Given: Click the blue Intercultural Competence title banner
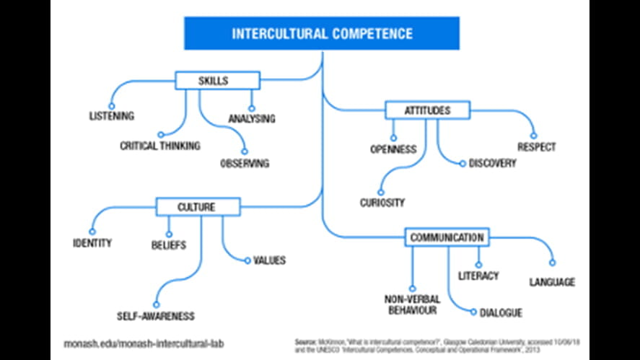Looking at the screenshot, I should point(322,34).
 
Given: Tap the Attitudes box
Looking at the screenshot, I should point(427,110).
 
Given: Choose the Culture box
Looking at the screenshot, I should point(196,207).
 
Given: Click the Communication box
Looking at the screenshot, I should point(447,237).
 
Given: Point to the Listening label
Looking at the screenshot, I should point(112,116).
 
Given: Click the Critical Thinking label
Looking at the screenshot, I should point(160,146).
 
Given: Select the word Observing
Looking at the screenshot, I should point(245,164).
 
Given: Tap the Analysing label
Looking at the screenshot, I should point(252,118).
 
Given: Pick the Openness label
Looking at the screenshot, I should point(393,149).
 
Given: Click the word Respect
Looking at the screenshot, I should point(536,147).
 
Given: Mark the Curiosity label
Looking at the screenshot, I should point(382,203).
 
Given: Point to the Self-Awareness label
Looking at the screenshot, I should point(156,316).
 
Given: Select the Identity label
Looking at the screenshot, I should point(92,242).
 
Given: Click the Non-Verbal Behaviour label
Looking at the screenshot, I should point(412,304).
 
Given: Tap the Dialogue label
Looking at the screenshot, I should point(501,313).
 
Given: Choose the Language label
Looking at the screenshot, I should point(552,282).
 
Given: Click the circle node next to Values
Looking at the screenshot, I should point(247,260).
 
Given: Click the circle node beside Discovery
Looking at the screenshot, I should point(463,164).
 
